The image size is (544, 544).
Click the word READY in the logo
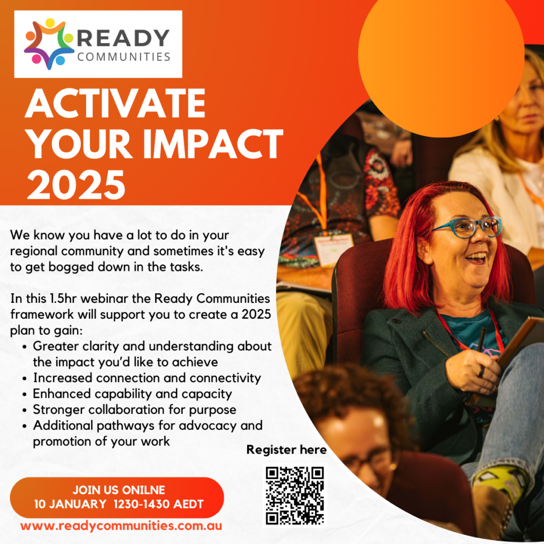pyautogui.click(x=123, y=38)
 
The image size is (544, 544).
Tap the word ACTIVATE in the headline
pyautogui.click(x=115, y=104)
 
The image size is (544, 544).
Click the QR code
pyautogui.click(x=295, y=495)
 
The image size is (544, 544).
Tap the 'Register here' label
pyautogui.click(x=286, y=450)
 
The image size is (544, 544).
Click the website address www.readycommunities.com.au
pyautogui.click(x=121, y=526)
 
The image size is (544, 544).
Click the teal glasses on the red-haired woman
pyautogui.click(x=467, y=227)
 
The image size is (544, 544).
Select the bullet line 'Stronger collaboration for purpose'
pyautogui.click(x=134, y=410)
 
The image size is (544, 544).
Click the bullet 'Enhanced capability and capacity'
pyautogui.click(x=132, y=394)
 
